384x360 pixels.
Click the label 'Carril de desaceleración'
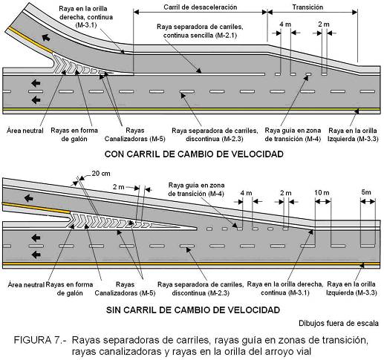(x=201, y=7)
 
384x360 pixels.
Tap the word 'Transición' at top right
(x=307, y=7)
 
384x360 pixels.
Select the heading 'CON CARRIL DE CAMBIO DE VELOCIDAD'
(x=194, y=154)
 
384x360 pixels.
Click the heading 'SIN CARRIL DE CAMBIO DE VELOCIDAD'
(x=193, y=310)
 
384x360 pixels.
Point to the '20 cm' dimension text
(x=101, y=174)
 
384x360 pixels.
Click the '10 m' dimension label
(x=322, y=192)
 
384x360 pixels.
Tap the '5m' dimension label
(x=366, y=192)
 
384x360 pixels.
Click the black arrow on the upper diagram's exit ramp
(x=46, y=38)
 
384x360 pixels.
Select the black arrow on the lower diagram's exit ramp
(x=29, y=198)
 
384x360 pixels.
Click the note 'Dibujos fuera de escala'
(x=339, y=323)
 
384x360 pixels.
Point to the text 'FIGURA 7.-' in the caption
(x=40, y=340)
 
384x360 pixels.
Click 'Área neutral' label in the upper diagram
(x=25, y=131)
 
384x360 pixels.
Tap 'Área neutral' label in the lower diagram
(x=26, y=284)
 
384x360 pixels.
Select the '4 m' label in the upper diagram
(x=285, y=24)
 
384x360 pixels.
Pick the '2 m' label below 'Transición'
(x=324, y=24)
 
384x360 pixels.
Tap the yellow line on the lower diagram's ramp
(x=36, y=207)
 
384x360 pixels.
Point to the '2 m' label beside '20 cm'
(x=119, y=187)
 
